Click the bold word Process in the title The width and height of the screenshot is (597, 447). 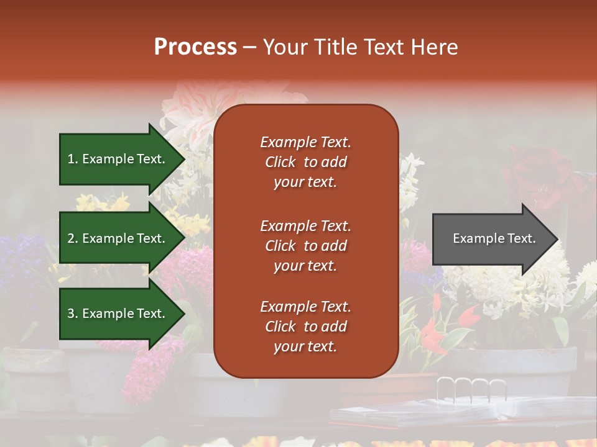[x=195, y=47]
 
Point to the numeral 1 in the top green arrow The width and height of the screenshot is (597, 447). [x=71, y=160]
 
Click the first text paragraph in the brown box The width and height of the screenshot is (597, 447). [x=305, y=162]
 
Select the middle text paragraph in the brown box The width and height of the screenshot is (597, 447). [x=305, y=246]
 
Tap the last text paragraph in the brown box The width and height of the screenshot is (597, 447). [x=305, y=327]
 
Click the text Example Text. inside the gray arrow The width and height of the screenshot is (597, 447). [x=494, y=239]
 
